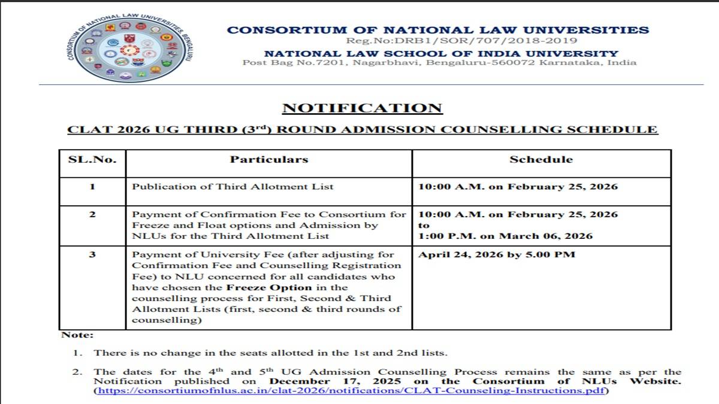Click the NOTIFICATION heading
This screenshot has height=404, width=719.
tap(362, 108)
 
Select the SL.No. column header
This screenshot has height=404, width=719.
tap(92, 160)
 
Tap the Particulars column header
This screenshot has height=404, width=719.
tap(269, 160)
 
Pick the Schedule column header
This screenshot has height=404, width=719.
tap(540, 160)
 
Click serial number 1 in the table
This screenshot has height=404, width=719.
tap(92, 187)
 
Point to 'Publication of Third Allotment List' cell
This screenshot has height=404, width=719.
tap(232, 187)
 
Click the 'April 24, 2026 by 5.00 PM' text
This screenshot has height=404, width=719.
tap(496, 255)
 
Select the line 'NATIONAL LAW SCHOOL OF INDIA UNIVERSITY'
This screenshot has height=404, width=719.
tap(441, 54)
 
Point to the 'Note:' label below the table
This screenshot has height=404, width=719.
tap(77, 336)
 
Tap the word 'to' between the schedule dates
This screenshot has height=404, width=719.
tap(424, 225)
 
